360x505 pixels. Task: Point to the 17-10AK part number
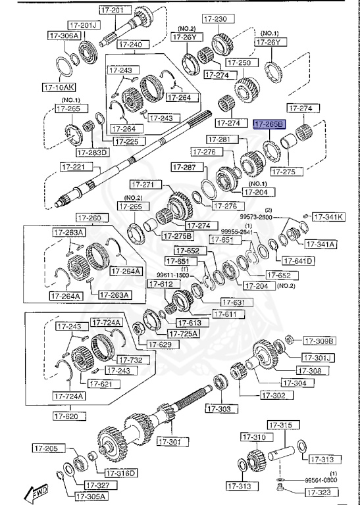[59, 86]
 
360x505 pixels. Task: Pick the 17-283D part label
[92, 153]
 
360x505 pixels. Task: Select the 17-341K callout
[328, 216]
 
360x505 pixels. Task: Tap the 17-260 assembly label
[90, 218]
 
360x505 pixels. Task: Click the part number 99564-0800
[321, 481]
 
